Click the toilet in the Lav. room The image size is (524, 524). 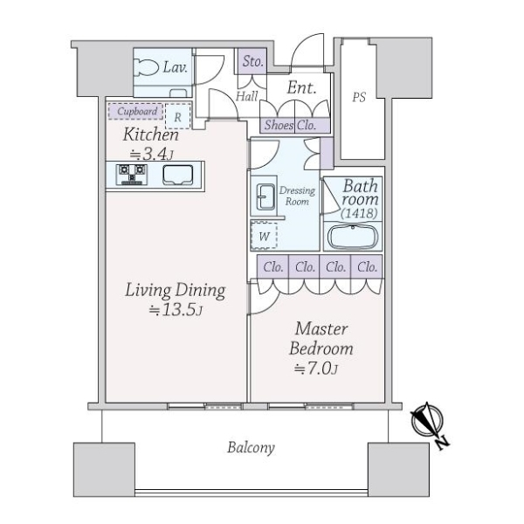pyautogui.click(x=146, y=67)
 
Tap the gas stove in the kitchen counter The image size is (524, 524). pyautogui.click(x=131, y=175)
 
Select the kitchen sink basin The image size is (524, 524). pyautogui.click(x=178, y=176)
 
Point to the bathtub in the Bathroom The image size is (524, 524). pyautogui.click(x=353, y=237)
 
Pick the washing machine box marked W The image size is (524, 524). pyautogui.click(x=264, y=235)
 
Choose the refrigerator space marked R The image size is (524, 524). pyautogui.click(x=178, y=116)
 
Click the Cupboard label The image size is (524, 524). pyautogui.click(x=137, y=111)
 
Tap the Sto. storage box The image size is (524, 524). pyautogui.click(x=252, y=61)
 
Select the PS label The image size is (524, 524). pyautogui.click(x=359, y=97)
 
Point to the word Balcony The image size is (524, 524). pyautogui.click(x=251, y=448)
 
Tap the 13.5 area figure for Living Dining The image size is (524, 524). pyautogui.click(x=176, y=310)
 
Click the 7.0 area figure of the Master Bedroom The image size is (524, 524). pyautogui.click(x=316, y=369)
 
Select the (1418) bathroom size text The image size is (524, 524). pyautogui.click(x=359, y=213)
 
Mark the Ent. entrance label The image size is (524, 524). pyautogui.click(x=301, y=87)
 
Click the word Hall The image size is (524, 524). pyautogui.click(x=247, y=97)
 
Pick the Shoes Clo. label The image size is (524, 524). pyautogui.click(x=290, y=125)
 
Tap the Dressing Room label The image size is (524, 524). pyautogui.click(x=297, y=196)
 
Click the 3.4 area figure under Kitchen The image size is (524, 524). pyautogui.click(x=151, y=154)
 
